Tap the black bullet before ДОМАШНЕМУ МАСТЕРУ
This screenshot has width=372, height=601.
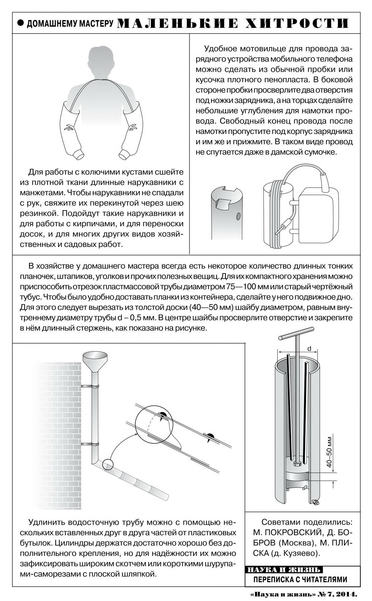(20, 23)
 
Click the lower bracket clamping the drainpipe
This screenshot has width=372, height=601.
(90, 444)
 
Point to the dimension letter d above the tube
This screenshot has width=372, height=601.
(309, 349)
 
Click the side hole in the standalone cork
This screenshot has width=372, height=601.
(238, 216)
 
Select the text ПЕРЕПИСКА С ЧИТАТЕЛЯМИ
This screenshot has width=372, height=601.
(300, 579)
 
